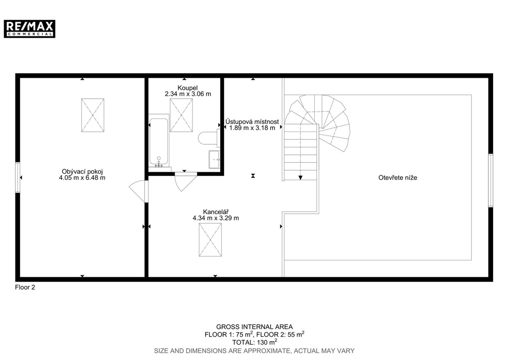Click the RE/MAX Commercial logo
point(29,29)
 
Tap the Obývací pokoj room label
point(82,172)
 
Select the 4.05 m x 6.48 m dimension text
point(82,178)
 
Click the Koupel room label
point(188,88)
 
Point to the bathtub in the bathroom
point(159,142)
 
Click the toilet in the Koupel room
point(209,138)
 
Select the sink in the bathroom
point(214,160)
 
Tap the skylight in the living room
point(93,115)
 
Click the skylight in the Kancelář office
point(211,240)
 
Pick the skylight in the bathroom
point(181,115)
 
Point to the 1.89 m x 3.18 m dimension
point(252,128)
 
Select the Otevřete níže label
point(398,178)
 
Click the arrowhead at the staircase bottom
point(300,178)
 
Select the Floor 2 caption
point(25,287)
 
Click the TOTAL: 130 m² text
point(255,342)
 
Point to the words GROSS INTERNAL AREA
point(255,327)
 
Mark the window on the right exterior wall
point(491,180)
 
